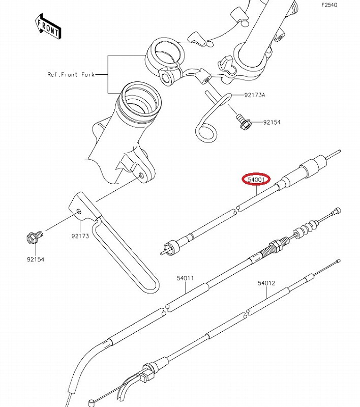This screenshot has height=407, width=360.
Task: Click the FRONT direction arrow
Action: click(48, 26)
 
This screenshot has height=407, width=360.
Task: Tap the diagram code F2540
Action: click(329, 5)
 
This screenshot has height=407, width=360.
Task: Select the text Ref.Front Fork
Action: click(71, 75)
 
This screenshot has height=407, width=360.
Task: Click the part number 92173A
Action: click(254, 95)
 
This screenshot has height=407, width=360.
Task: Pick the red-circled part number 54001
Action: click(256, 180)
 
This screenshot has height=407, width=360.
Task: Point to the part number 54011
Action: click(185, 278)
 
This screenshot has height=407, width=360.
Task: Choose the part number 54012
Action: click(266, 283)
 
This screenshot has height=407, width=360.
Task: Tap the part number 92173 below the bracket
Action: click(80, 236)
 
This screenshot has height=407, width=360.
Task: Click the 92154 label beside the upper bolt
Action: click(272, 122)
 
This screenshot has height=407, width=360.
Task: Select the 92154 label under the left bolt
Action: click(36, 259)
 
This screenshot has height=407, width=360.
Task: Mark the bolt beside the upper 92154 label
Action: click(243, 123)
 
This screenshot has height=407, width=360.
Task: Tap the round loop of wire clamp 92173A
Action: click(206, 133)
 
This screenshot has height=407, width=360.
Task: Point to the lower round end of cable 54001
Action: click(171, 247)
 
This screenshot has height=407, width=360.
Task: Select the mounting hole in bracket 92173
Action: click(79, 212)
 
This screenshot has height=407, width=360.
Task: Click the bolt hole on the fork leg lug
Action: click(142, 175)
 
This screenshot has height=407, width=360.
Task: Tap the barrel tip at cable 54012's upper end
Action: click(338, 260)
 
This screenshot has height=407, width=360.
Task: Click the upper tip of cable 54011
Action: click(337, 211)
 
